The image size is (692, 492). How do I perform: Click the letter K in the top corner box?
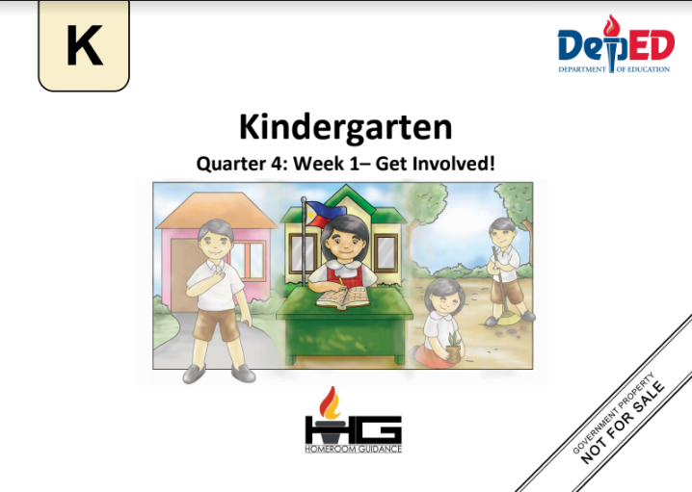coord(84,46)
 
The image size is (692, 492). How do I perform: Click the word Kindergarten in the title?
coord(345,127)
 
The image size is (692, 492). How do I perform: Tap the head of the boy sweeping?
coord(502,231)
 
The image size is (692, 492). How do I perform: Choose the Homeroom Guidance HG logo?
coord(352,424)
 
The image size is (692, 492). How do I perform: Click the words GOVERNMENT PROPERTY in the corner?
coord(611,411)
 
